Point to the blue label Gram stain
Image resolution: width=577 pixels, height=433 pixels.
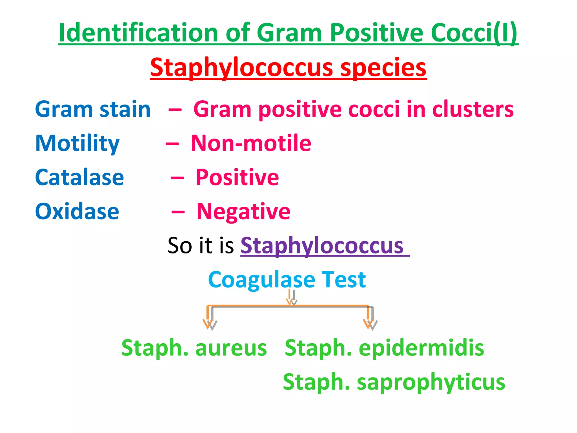[93, 109]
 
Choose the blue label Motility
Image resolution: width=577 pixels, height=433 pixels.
[77, 144]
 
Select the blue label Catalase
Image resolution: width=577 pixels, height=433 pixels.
[79, 177]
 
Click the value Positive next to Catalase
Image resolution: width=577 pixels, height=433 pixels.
[237, 177]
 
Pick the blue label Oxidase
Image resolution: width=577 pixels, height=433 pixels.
[77, 211]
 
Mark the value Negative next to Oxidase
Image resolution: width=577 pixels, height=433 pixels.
[243, 211]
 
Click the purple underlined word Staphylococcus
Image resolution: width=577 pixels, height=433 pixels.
[322, 246]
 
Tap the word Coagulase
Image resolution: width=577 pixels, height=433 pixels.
[261, 280]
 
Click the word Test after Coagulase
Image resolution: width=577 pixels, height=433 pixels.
[344, 280]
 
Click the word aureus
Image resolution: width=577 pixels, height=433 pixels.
[231, 348]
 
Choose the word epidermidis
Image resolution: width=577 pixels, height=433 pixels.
[421, 348]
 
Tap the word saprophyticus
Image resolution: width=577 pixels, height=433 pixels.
[431, 382]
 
